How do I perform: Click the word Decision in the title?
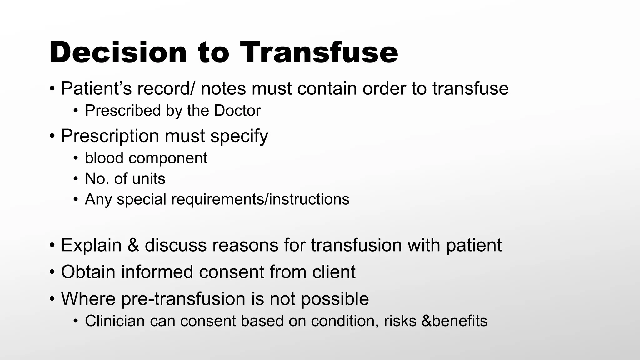click(118, 52)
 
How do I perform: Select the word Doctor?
click(237, 111)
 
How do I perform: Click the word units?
click(149, 179)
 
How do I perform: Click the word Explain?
click(91, 245)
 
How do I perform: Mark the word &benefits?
click(454, 321)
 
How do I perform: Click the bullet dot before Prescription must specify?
click(52, 136)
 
